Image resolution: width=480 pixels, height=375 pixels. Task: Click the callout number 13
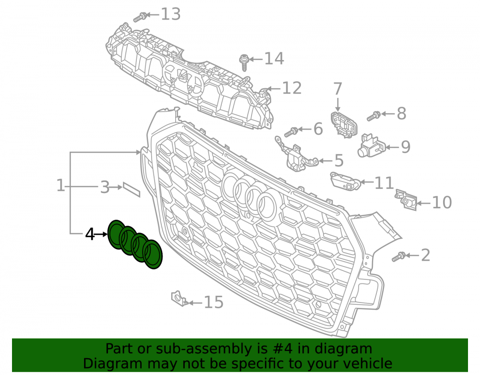(171, 14)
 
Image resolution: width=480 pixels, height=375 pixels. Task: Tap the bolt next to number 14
(244, 62)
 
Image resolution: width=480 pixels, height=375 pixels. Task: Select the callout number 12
(292, 88)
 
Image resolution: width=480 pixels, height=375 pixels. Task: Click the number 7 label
(337, 89)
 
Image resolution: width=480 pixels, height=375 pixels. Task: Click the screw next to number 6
(291, 132)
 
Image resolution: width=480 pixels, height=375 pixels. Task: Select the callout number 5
(339, 160)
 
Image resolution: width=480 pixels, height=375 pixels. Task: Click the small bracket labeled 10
(406, 200)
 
